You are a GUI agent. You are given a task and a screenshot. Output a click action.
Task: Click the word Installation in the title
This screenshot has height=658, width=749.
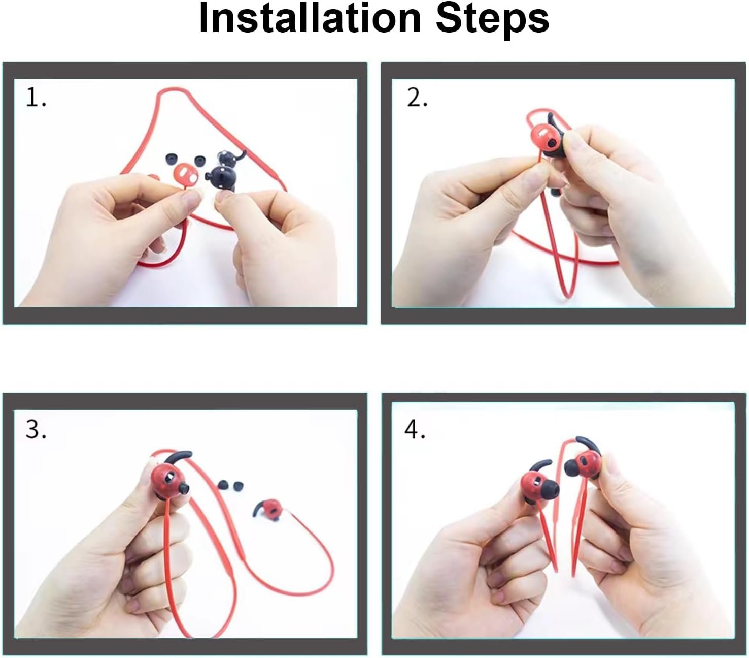(310, 18)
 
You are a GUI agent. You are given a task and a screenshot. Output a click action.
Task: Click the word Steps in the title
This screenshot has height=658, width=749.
(492, 21)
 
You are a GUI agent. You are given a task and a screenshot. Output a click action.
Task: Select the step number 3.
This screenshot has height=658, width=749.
(36, 430)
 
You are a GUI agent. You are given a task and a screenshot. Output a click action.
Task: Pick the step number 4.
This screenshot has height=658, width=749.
(415, 430)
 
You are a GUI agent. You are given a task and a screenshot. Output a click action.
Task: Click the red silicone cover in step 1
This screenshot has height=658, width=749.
(186, 173)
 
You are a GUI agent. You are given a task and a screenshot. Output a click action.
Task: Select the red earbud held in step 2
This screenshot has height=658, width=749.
(547, 139)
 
